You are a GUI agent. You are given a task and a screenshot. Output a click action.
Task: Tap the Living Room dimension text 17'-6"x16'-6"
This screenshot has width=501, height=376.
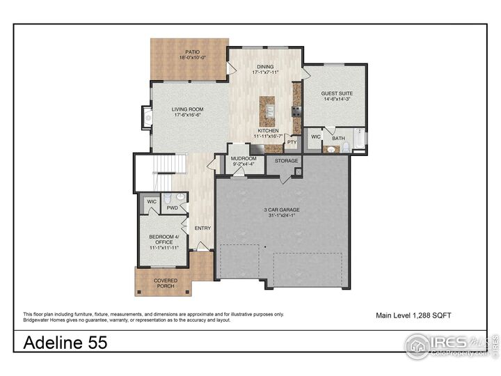coord(187,116)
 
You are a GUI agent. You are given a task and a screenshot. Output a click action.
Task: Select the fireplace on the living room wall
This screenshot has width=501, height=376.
coord(146,118)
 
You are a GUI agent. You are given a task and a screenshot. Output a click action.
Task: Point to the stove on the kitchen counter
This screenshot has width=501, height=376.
coord(296,110)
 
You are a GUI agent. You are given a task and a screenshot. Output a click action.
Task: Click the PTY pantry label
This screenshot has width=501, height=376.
coord(291,142)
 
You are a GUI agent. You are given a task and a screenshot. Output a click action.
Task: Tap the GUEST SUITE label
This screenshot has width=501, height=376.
coord(335,93)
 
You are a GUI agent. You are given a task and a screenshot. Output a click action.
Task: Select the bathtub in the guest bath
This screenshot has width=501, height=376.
coord(358,140)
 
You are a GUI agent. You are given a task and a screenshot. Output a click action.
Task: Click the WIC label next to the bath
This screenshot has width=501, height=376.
coord(315,137)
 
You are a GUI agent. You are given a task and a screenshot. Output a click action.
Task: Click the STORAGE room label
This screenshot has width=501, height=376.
coord(286,161)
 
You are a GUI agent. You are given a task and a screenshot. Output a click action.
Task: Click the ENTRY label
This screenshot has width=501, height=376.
coord(202,228)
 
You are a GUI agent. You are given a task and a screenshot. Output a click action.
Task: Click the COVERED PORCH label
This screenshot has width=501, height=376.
coord(166,283)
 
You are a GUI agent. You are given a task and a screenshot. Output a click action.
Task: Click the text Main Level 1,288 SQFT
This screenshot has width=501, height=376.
coord(413,315)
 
